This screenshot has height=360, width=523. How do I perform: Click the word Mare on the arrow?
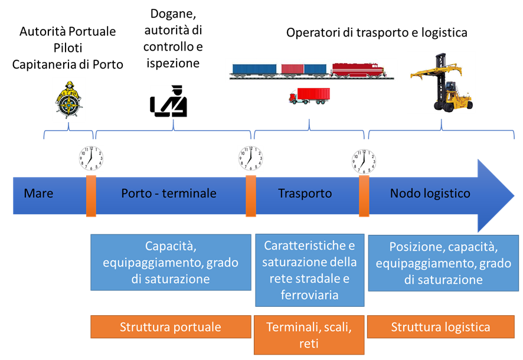pos(38,194)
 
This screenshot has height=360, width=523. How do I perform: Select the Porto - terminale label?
pos(169,194)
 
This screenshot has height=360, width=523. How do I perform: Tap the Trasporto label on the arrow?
pos(305,194)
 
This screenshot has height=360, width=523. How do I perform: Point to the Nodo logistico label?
pos(430,194)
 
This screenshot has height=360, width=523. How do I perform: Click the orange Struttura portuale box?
pos(171,327)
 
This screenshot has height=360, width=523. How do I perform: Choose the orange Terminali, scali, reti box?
pos(309,335)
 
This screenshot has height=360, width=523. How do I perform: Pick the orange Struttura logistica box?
pos(440,327)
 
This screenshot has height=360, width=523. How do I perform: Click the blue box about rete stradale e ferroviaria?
pos(309,270)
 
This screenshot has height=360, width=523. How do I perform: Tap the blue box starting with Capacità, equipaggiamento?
pos(171,263)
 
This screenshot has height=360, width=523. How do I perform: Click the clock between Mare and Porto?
pos(91,159)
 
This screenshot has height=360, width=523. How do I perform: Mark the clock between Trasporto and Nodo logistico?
pos(364,161)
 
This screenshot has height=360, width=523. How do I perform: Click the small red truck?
pos(309,96)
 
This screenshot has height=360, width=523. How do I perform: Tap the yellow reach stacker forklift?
pos(442,82)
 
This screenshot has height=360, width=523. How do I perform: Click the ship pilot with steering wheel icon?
pos(68,99)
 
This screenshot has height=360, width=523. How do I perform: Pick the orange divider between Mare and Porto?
pos(91,195)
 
